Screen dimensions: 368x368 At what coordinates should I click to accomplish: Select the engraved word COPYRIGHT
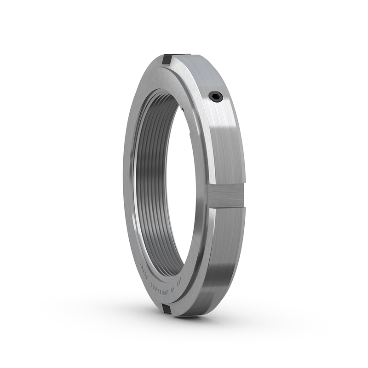164,289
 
